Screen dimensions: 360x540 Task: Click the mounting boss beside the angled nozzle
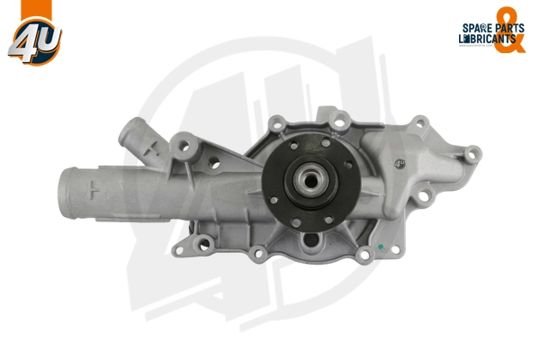(x=186, y=143)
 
